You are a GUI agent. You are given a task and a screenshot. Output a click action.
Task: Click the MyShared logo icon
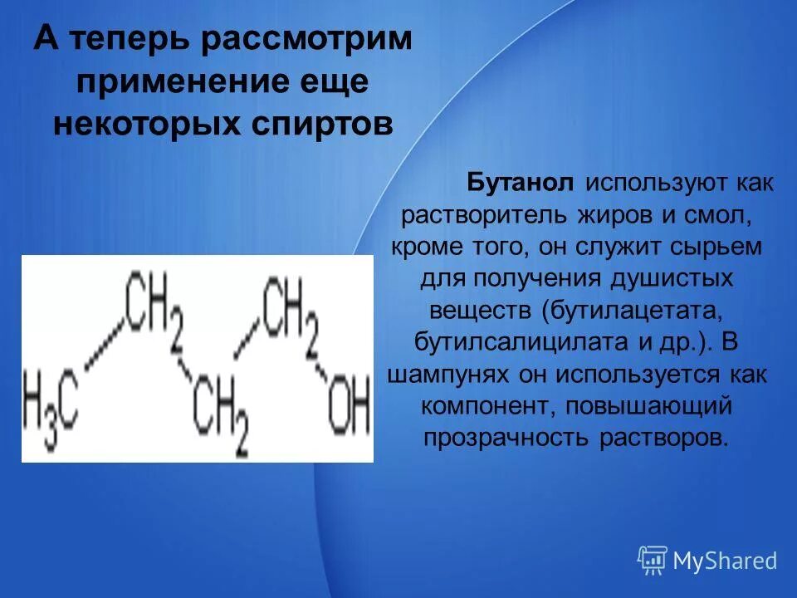tap(653, 560)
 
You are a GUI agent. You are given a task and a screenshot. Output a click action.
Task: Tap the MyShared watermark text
tap(724, 561)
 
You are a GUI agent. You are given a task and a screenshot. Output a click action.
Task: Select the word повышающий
tap(655, 405)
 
